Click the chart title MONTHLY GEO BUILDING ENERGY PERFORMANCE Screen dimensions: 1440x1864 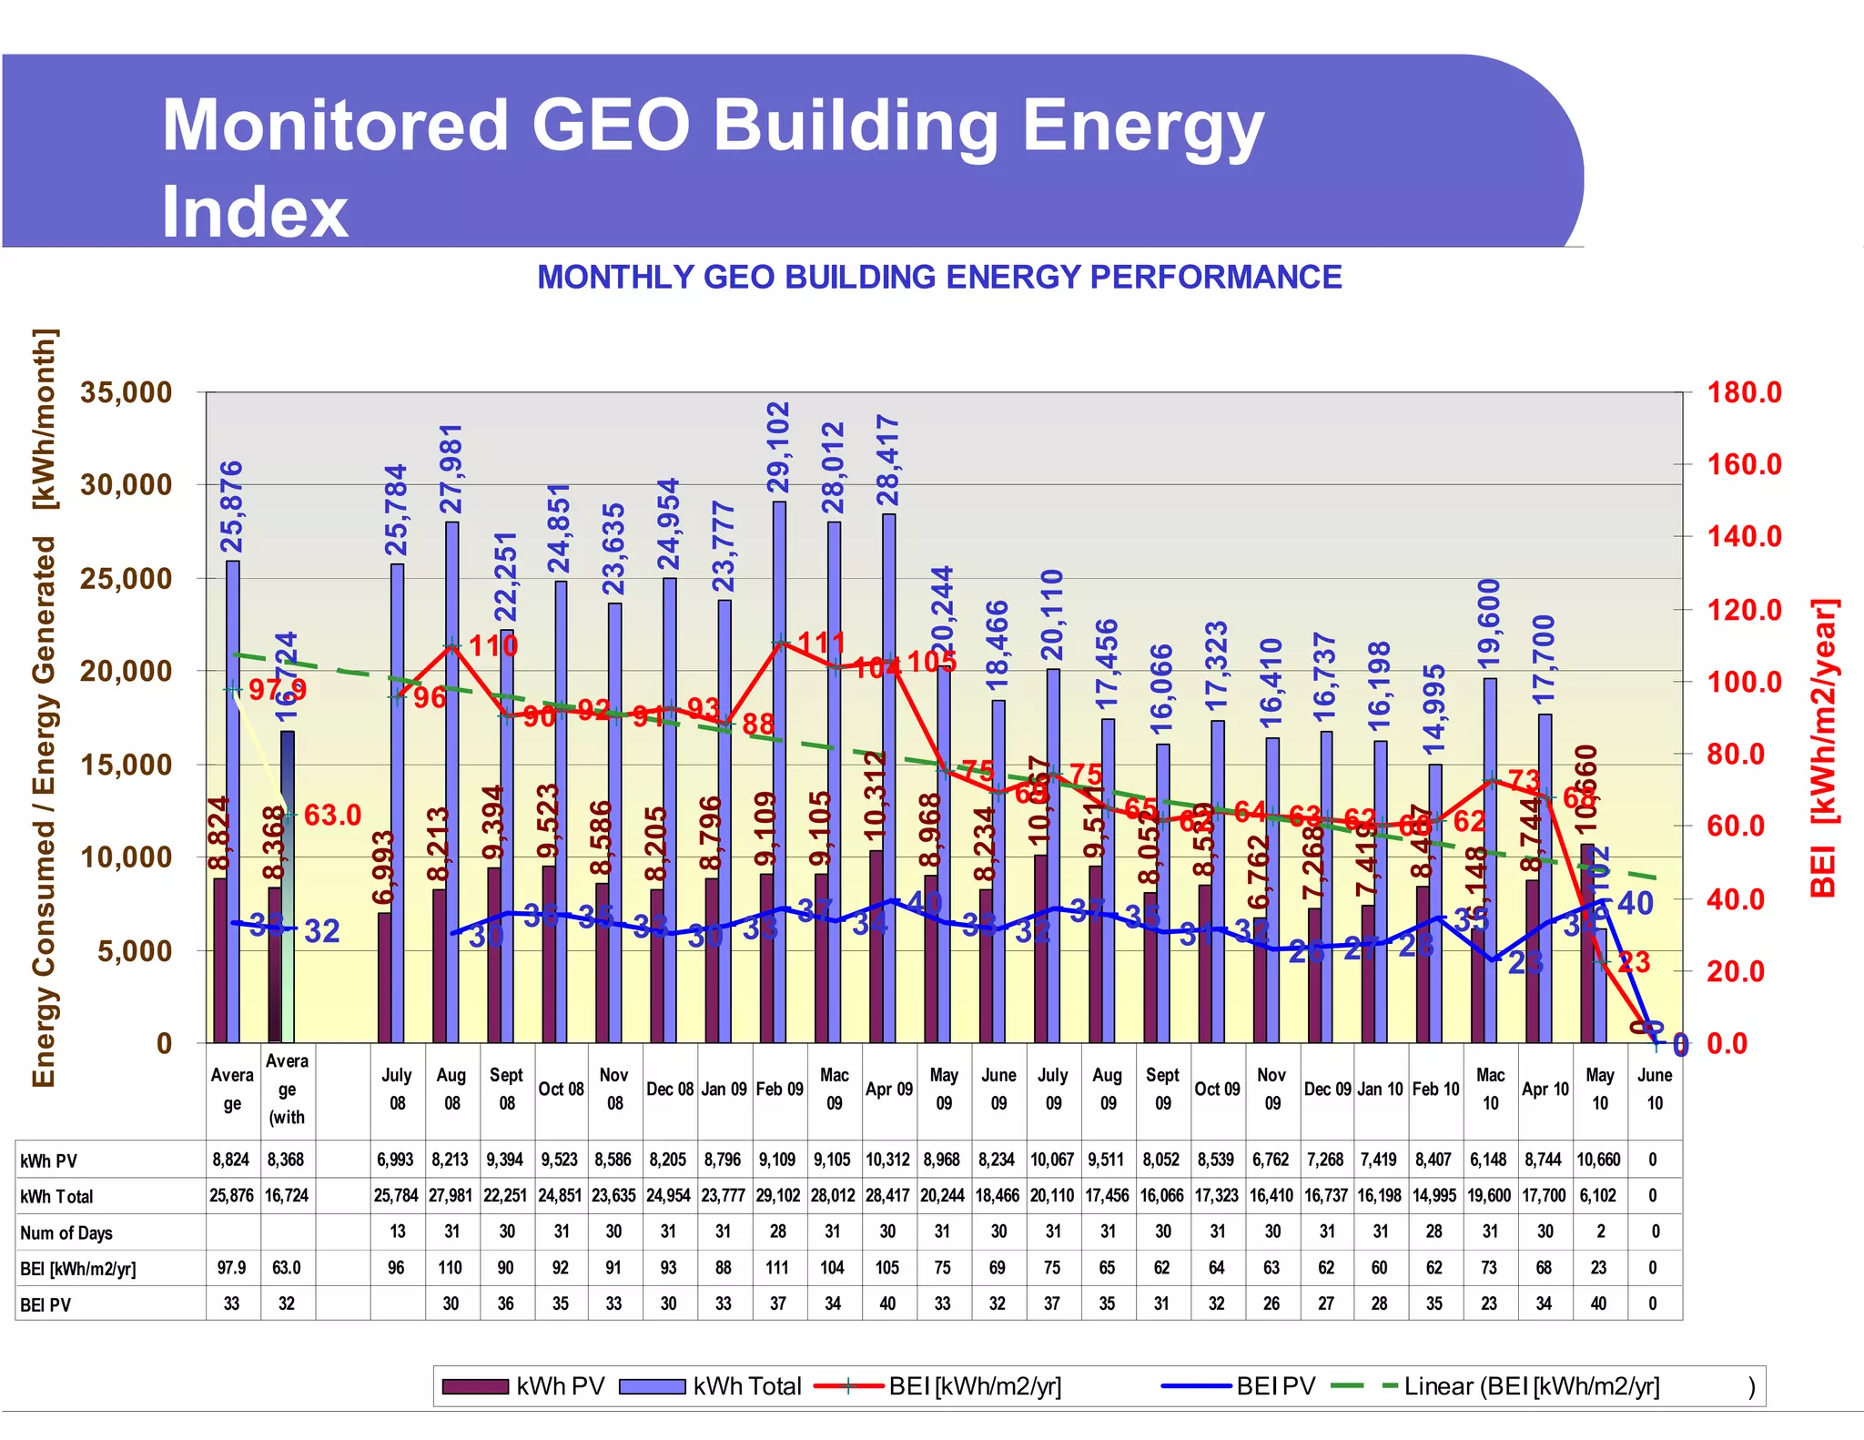(x=939, y=277)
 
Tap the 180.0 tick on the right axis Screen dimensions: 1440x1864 (x=1743, y=392)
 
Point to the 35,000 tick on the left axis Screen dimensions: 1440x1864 (x=126, y=392)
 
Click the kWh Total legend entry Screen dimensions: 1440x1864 (x=710, y=1386)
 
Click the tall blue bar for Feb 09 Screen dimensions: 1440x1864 (x=780, y=774)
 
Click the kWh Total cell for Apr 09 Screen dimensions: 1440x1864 (x=888, y=1195)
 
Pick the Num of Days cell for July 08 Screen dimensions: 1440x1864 (x=398, y=1232)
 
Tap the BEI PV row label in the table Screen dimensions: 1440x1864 (x=46, y=1304)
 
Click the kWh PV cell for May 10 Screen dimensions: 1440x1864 (x=1598, y=1160)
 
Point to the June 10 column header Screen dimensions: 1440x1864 (x=1655, y=1089)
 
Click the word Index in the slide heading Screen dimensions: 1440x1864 (x=255, y=212)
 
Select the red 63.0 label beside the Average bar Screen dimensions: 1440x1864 (x=332, y=815)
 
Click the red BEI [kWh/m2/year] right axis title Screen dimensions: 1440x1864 (x=1824, y=746)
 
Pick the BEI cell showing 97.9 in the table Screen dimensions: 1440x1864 (x=232, y=1267)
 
